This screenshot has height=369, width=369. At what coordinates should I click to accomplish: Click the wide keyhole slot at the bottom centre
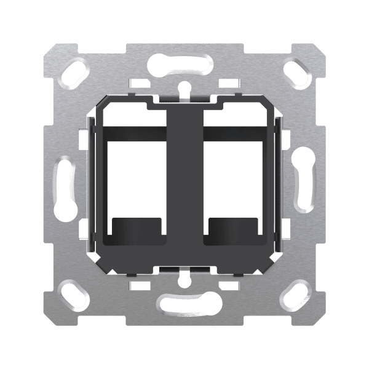point(184,302)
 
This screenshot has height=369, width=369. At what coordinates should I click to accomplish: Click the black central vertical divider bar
point(184,178)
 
